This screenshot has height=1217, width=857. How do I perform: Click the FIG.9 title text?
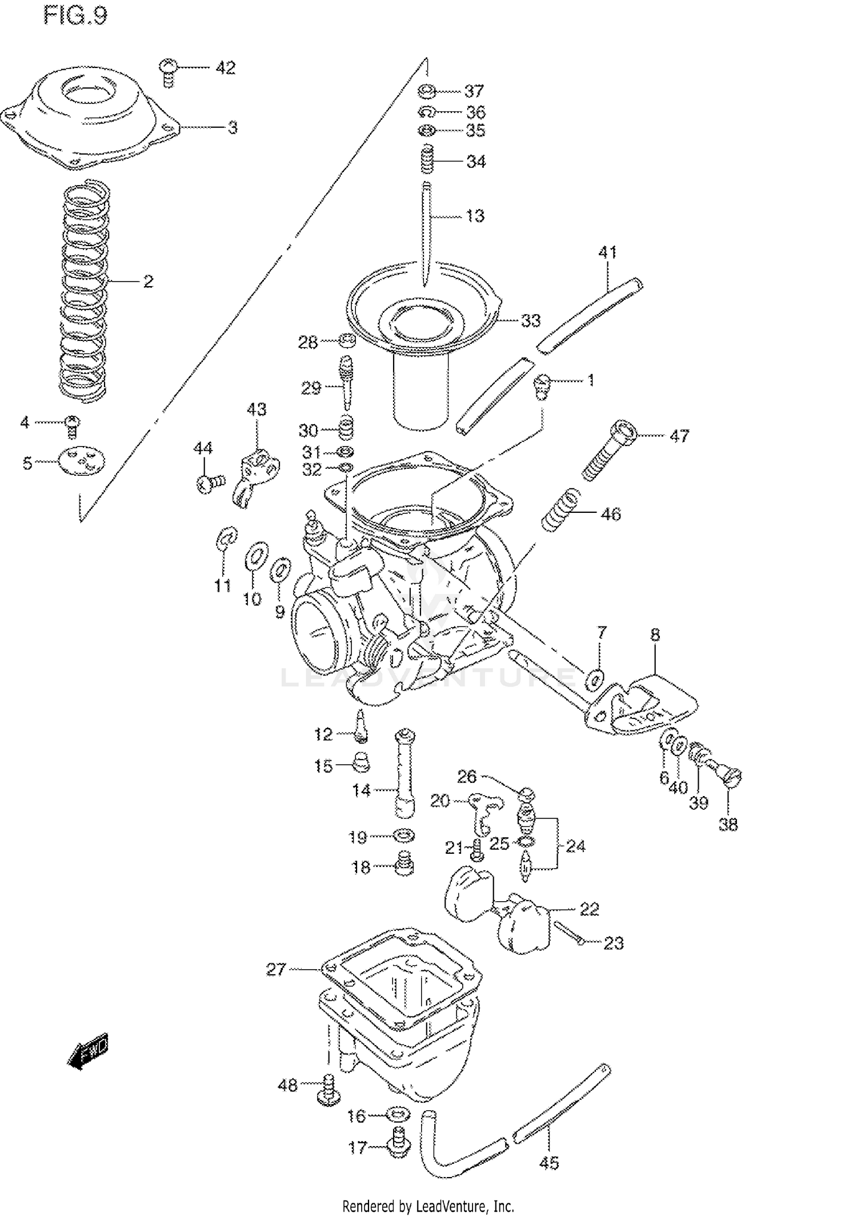(75, 16)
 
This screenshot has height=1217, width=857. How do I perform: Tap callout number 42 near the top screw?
(225, 68)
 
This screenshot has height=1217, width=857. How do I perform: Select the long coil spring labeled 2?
(85, 288)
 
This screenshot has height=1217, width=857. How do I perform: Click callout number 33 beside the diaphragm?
(530, 321)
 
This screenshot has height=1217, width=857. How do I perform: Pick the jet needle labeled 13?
(427, 234)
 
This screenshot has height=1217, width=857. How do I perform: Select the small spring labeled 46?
(560, 509)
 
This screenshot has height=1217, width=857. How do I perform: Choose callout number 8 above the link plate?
(655, 634)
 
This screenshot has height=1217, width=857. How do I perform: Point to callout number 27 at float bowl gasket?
(276, 969)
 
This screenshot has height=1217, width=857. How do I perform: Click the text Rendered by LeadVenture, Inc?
(428, 1206)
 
